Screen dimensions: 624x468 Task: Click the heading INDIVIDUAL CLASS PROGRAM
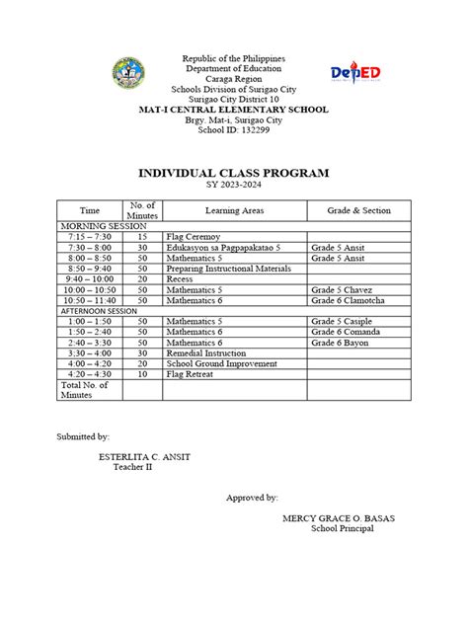tap(233, 174)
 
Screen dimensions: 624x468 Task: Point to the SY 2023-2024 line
tap(233, 186)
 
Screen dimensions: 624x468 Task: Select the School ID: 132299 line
tap(233, 129)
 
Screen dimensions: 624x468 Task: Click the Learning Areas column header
tap(234, 210)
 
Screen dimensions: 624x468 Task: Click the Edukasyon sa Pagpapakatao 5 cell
tap(224, 248)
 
